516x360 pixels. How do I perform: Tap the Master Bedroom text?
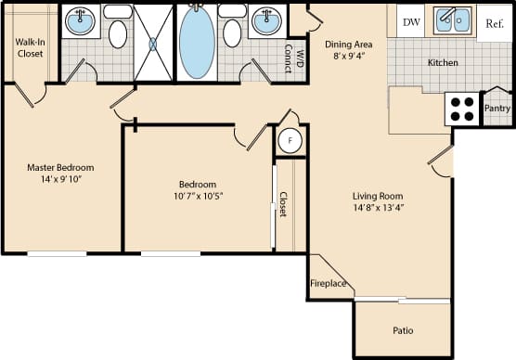(x=60, y=168)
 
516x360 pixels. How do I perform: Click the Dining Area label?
(x=348, y=43)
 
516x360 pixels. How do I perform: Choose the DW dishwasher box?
(x=409, y=20)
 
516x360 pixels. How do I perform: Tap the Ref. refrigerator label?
(x=495, y=21)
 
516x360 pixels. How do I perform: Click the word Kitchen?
(x=443, y=63)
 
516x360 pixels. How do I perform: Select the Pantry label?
(x=497, y=109)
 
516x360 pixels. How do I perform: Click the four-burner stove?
(x=462, y=109)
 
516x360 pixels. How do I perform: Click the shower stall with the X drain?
(x=153, y=43)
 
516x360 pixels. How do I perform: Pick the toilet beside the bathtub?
(x=232, y=32)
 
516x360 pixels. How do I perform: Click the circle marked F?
(x=290, y=141)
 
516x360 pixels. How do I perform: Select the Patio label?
(x=402, y=329)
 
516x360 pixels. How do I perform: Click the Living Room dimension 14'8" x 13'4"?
(x=377, y=208)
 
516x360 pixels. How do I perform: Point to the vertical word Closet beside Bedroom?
(x=283, y=204)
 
